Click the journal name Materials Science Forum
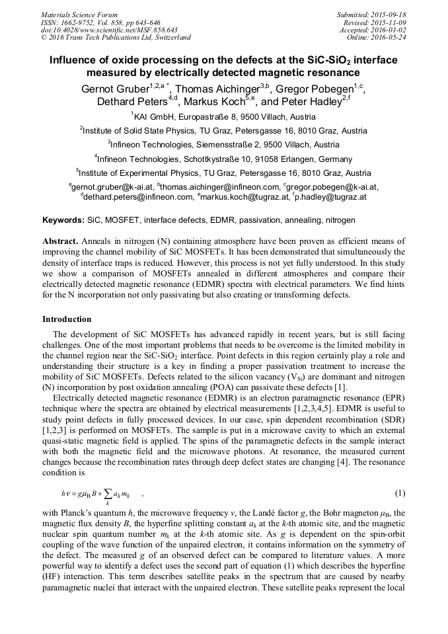(79, 14)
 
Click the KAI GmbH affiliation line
(223, 117)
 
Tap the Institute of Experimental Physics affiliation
(223, 173)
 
